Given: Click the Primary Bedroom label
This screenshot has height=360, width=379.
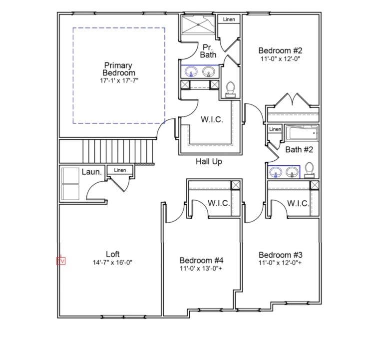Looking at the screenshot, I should (118, 69).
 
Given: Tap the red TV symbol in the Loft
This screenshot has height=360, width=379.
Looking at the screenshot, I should (61, 261).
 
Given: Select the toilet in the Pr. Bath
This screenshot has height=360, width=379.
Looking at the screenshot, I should (230, 89).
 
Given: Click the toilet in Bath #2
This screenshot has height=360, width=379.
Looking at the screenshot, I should (309, 170).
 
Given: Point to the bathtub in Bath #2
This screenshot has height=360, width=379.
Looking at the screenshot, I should (301, 133).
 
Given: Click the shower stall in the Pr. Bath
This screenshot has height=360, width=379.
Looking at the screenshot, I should (197, 24).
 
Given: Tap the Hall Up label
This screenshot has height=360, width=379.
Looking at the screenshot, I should (209, 161).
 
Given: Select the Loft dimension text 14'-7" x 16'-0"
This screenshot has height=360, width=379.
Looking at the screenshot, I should (112, 263).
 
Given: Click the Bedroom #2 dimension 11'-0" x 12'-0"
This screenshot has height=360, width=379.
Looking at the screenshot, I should (280, 59).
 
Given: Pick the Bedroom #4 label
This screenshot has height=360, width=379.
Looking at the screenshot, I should (201, 260).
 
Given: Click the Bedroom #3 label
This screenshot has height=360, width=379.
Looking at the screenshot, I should (280, 255).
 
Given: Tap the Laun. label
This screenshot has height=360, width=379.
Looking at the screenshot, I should (92, 172).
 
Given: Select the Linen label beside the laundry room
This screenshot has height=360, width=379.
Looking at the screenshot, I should (120, 170).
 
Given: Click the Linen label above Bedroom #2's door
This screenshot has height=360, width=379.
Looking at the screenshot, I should (229, 19).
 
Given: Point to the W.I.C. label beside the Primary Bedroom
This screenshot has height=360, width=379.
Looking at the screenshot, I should (212, 120).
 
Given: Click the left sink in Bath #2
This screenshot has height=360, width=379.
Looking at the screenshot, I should (276, 173).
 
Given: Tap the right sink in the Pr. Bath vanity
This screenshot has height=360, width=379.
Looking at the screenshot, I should (209, 72).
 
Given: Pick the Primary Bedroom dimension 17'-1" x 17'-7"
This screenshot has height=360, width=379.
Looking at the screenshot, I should (118, 80).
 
